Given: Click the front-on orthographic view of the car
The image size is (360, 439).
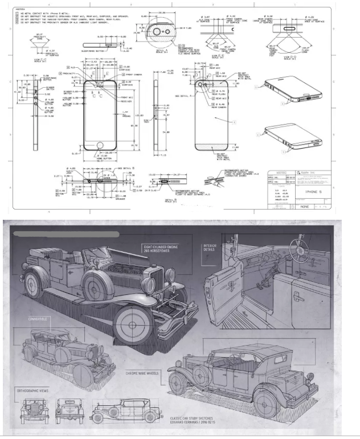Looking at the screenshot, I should click(x=32, y=411).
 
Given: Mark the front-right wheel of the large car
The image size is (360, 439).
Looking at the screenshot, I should click(x=133, y=325).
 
